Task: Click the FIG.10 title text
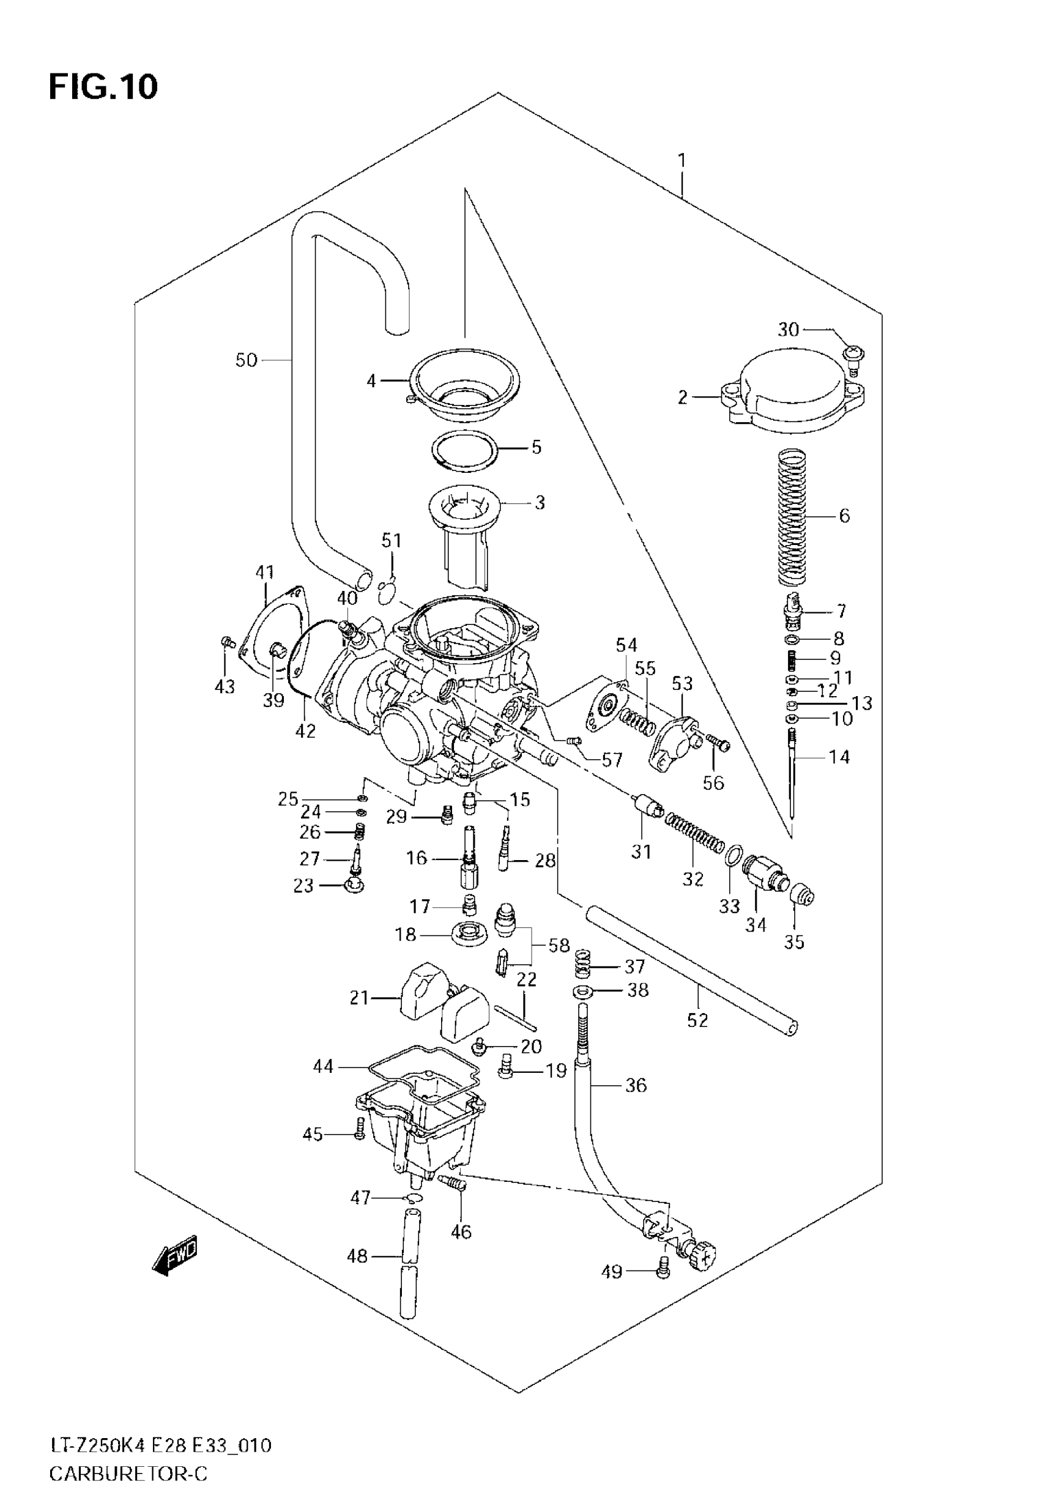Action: [x=103, y=87]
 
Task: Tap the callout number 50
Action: [x=247, y=360]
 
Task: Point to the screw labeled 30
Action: [x=853, y=355]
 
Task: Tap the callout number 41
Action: [x=264, y=573]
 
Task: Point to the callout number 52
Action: [x=697, y=1020]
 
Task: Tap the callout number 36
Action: [x=636, y=1085]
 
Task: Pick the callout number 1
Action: [x=682, y=160]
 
